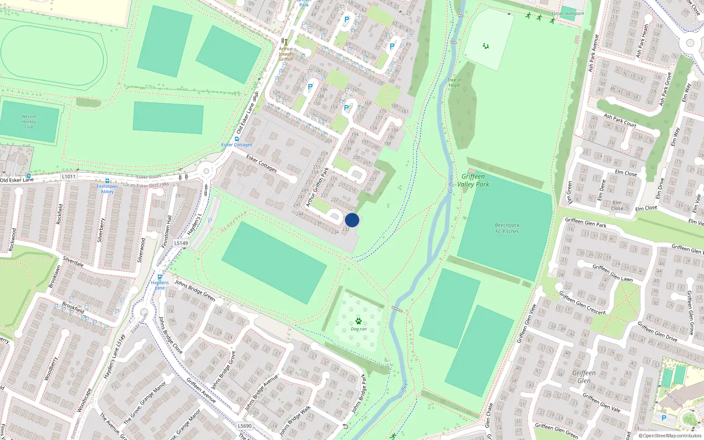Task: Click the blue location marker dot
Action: coord(352,220)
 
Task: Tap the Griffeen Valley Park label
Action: coord(473,180)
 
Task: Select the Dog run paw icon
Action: coord(359,321)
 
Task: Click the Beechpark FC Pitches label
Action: coord(507,228)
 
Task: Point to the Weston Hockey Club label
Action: coord(29,122)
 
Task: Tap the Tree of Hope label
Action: coord(454,83)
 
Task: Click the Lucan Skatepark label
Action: coord(568,14)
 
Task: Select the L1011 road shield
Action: coord(69,176)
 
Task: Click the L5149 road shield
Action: coord(181,243)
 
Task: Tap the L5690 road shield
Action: coord(245,426)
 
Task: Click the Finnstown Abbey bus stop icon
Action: coord(107,181)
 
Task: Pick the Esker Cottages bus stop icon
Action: coord(237,139)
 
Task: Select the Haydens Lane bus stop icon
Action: coord(160,277)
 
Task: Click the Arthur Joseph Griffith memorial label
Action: coord(286,54)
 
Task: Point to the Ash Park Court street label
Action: coord(620,121)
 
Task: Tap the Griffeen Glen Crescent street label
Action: coord(582,303)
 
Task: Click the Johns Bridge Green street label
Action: coord(195,290)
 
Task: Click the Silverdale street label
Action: coord(73,261)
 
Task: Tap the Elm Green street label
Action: coord(570,193)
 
